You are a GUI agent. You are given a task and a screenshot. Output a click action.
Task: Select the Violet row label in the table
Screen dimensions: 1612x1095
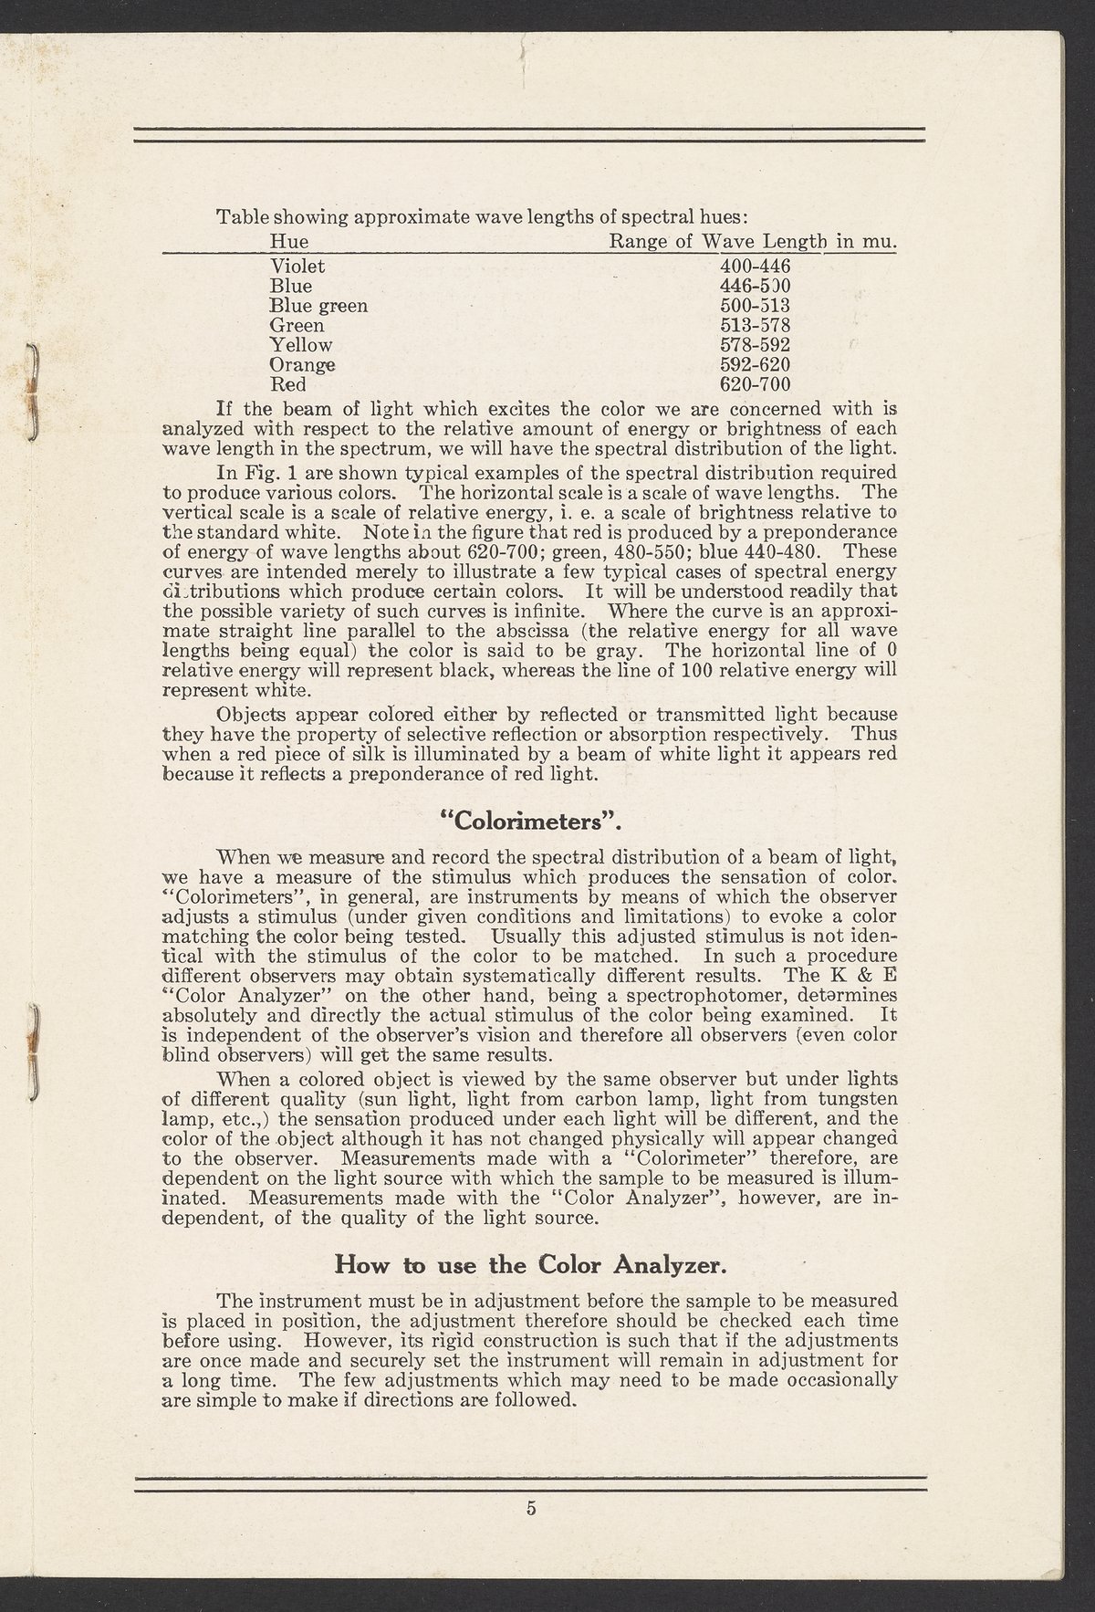click(297, 267)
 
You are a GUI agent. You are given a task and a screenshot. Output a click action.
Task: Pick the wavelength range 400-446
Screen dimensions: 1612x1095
click(755, 267)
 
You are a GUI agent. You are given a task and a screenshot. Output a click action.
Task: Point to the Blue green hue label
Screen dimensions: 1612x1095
click(318, 306)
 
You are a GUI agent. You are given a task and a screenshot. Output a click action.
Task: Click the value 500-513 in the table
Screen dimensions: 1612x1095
click(755, 306)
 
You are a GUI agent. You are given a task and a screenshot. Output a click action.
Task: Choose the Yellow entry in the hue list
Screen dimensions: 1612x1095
click(301, 345)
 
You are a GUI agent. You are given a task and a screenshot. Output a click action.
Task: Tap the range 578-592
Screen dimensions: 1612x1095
click(755, 345)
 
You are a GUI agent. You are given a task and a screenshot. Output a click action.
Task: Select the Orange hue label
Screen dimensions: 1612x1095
click(303, 365)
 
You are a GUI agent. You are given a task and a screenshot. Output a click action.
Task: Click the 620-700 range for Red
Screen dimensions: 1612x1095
click(755, 384)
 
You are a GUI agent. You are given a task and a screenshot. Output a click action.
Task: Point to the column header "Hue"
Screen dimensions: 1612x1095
click(290, 242)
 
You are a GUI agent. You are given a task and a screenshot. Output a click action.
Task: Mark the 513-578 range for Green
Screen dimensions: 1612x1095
click(755, 325)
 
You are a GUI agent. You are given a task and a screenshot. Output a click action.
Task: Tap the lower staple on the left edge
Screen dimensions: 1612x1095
click(31, 1052)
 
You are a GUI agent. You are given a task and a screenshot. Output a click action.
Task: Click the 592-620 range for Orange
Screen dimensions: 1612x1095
click(755, 365)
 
